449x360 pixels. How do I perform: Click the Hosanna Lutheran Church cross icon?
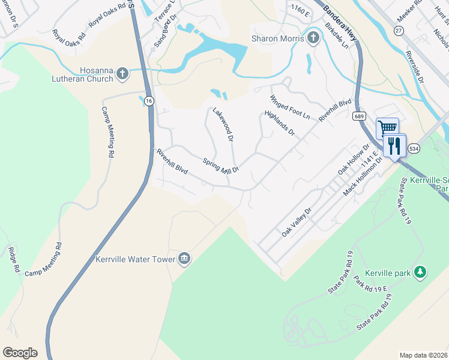[x=122, y=73]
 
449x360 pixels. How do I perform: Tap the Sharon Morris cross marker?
[x=313, y=38]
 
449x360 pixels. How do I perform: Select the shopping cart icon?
[x=387, y=127]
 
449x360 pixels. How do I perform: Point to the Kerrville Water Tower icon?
[x=184, y=259]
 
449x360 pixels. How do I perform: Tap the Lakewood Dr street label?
[x=223, y=124]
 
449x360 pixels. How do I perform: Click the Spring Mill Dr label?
[x=221, y=166]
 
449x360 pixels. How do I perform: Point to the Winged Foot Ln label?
[x=289, y=106]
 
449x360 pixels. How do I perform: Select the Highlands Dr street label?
[x=280, y=122]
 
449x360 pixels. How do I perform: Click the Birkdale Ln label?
[x=336, y=37]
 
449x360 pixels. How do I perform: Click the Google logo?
[x=20, y=353]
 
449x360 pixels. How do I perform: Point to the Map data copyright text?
[x=424, y=355]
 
